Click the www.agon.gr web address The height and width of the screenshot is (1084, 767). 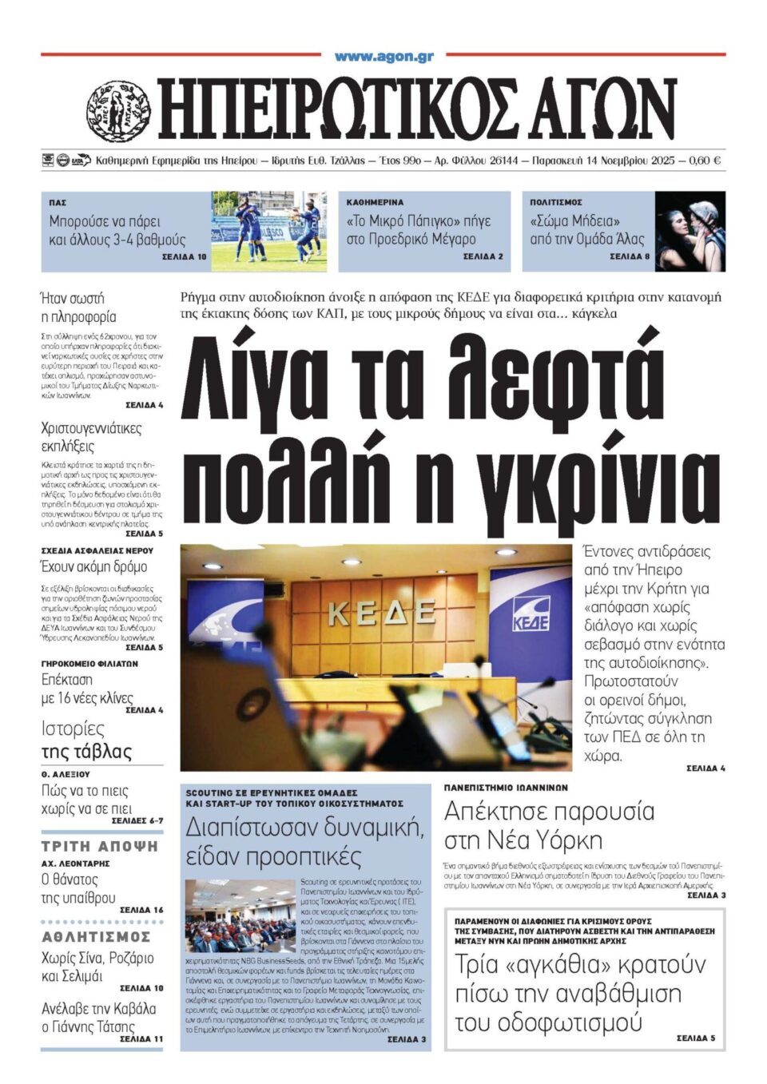coord(383,57)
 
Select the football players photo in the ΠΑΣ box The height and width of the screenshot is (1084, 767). coord(268,231)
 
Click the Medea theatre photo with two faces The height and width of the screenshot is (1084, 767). coord(690,231)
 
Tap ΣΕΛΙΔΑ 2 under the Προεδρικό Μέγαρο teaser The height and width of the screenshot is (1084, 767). coord(483,256)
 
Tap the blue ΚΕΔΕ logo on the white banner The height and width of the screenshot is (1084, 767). coord(530,613)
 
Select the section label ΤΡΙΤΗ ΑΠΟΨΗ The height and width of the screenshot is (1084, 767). coord(100,846)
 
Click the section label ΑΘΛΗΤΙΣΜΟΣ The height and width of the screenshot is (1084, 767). coord(96,936)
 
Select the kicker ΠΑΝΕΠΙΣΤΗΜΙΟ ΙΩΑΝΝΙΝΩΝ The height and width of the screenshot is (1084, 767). coord(506,788)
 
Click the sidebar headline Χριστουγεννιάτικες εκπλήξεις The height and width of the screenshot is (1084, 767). coord(91,437)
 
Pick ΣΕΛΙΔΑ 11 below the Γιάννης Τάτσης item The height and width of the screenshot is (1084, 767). coord(141,1039)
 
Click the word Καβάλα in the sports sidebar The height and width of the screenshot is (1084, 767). coord(133,1009)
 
